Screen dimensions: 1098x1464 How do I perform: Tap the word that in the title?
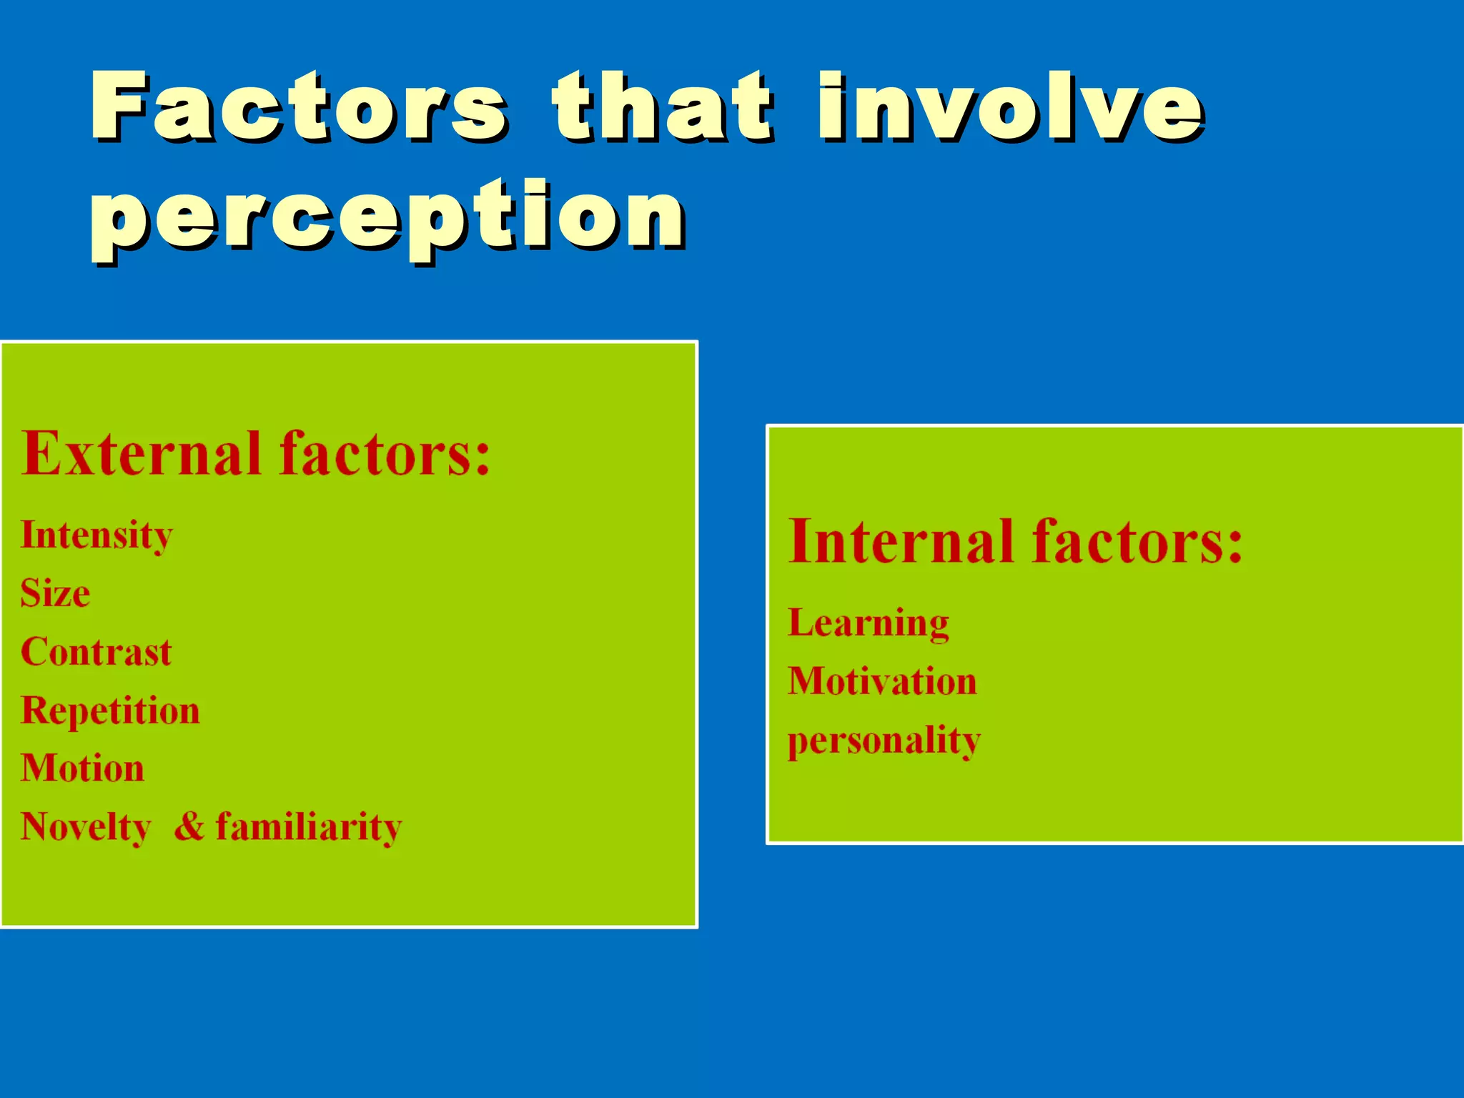pyautogui.click(x=662, y=107)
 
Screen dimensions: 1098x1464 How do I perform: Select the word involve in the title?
pyautogui.click(x=1011, y=107)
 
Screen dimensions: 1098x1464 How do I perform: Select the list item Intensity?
pyautogui.click(x=97, y=536)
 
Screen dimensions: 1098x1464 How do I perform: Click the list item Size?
pyautogui.click(x=55, y=593)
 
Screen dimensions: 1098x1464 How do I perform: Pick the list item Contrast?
pyautogui.click(x=96, y=652)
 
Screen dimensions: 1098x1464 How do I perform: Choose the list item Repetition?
pyautogui.click(x=110, y=711)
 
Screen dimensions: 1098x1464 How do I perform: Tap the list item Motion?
pyautogui.click(x=82, y=768)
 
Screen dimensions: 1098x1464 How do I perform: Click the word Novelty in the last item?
pyautogui.click(x=86, y=828)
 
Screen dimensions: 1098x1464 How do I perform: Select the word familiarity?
pyautogui.click(x=309, y=828)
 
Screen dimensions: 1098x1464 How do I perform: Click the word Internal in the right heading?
pyautogui.click(x=901, y=541)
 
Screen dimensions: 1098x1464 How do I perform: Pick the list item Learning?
pyautogui.click(x=869, y=623)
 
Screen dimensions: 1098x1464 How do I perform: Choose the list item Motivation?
pyautogui.click(x=882, y=681)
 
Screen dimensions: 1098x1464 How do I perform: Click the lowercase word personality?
pyautogui.click(x=884, y=741)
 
